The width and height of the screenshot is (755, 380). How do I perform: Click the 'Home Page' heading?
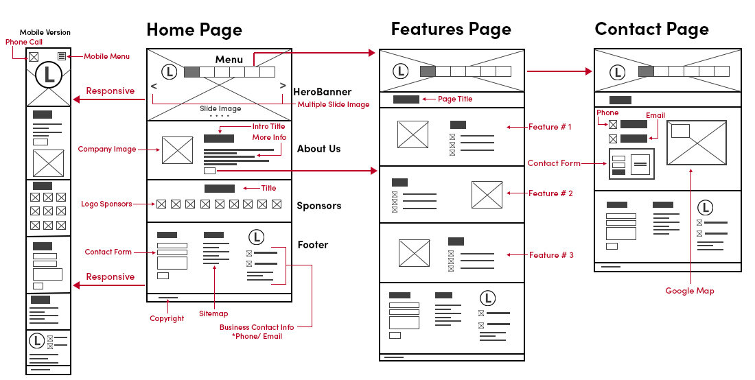coord(194,30)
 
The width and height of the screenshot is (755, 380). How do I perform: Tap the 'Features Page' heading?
coord(451,29)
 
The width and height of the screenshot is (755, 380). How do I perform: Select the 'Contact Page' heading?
coord(651,29)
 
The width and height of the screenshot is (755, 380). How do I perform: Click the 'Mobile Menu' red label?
coord(106,56)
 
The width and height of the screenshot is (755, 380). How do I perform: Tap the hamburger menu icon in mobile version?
coord(62,56)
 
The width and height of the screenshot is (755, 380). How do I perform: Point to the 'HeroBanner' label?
coord(322,92)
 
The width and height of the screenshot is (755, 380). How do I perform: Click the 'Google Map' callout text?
coord(689,291)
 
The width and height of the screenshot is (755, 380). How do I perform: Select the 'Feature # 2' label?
coord(550,193)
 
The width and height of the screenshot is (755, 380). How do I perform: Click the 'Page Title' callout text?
coord(455,99)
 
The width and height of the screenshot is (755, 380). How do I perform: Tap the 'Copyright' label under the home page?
coord(167,318)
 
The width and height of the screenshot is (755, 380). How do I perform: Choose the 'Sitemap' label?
coord(213,313)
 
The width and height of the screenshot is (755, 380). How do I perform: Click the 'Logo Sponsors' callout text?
coord(106,204)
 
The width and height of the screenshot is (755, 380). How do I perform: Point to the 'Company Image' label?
coord(106,149)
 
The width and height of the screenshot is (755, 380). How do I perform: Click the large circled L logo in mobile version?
coord(49,75)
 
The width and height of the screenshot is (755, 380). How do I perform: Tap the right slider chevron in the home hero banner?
coord(282,86)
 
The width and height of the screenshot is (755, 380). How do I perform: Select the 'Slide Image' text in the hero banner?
coord(220,109)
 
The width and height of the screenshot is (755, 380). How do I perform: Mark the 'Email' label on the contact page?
coord(655,115)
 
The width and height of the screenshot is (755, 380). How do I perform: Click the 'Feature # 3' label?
coord(551,255)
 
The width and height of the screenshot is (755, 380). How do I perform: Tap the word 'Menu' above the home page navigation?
coord(229,60)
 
